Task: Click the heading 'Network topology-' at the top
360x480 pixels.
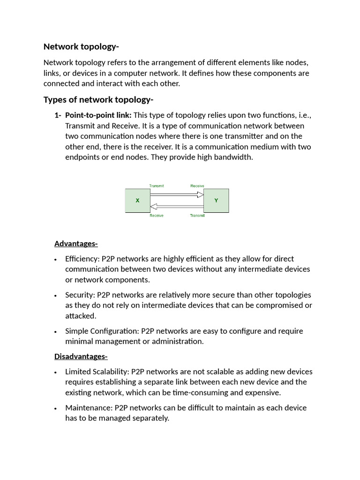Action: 81,46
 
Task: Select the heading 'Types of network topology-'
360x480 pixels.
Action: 98,100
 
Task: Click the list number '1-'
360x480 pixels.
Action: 58,115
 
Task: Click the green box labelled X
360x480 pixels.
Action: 137,201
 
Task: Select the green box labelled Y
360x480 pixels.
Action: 216,201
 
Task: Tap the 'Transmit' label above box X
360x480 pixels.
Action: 156,186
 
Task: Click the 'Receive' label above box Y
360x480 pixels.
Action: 197,186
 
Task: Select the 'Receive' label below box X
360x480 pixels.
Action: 156,216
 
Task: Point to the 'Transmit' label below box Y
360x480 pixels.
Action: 197,216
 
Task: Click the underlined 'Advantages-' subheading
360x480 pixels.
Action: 76,243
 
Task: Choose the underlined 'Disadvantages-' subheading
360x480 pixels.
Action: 81,356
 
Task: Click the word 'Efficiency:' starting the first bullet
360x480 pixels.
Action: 82,259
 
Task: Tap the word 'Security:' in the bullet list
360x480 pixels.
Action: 80,295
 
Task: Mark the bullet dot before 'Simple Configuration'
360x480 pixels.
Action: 56,332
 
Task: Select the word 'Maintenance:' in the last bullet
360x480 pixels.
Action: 89,408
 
